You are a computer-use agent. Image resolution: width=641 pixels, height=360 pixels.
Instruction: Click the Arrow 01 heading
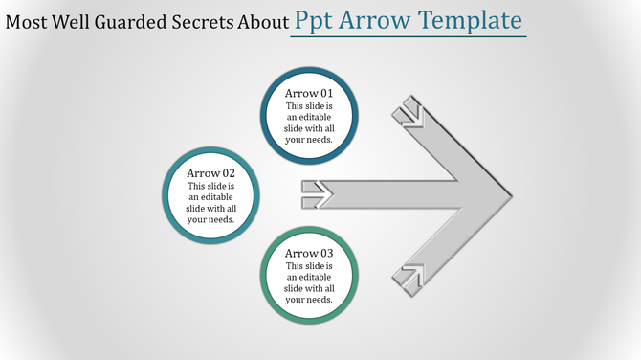309,93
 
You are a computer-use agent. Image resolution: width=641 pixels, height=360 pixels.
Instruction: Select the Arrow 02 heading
210,173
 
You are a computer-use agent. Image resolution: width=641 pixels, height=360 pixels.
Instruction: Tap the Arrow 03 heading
309,253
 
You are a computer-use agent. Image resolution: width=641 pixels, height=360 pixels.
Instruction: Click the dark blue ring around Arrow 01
267,115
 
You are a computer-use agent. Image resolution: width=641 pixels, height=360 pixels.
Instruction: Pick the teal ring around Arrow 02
168,195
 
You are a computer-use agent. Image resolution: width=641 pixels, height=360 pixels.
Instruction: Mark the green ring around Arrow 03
267,276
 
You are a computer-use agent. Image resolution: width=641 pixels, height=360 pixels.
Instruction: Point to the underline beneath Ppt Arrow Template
409,37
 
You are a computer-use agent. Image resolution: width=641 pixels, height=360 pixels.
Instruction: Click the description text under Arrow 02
210,202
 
